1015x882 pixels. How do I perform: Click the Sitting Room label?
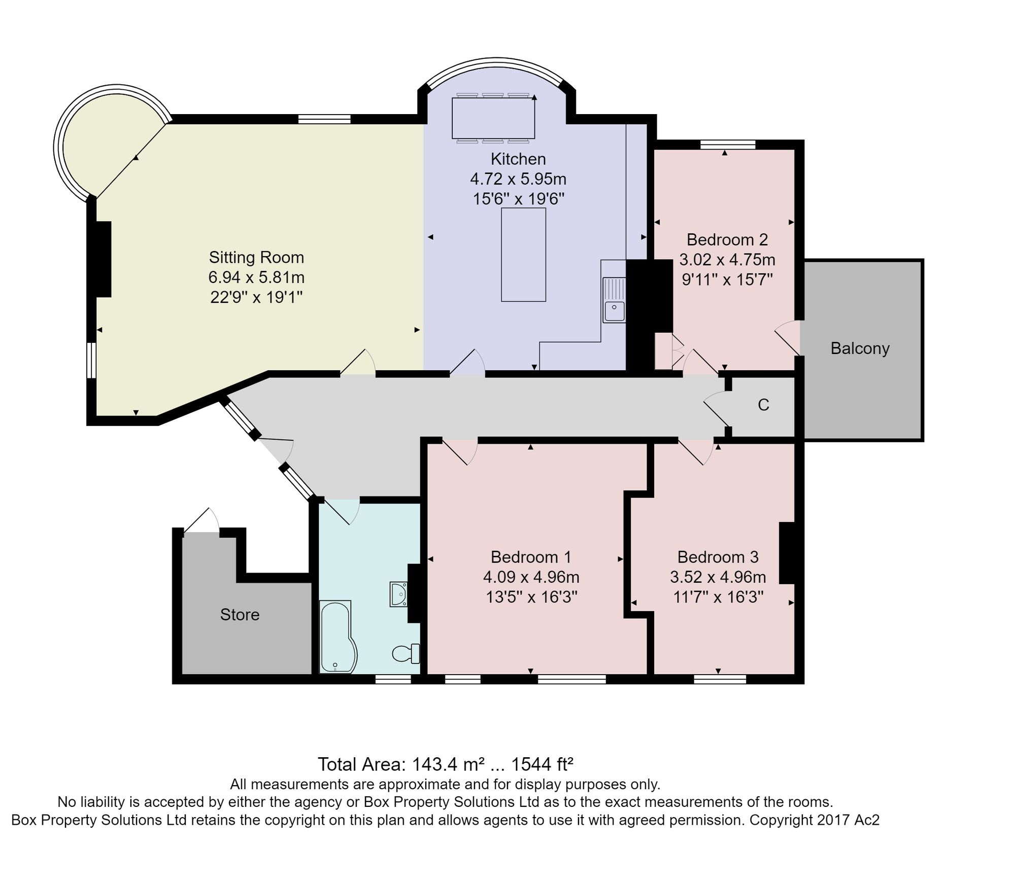(x=256, y=258)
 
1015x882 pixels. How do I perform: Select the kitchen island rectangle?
(x=523, y=255)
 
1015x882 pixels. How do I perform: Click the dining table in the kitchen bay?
(x=493, y=118)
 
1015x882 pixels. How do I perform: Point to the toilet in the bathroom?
(x=406, y=653)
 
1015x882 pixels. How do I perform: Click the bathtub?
(x=337, y=637)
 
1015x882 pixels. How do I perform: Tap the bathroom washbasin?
(x=399, y=594)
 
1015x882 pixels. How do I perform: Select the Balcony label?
(x=860, y=348)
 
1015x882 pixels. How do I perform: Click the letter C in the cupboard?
(x=763, y=405)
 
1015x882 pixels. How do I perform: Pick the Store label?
(x=240, y=615)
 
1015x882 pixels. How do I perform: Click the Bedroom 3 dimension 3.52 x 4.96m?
(x=718, y=577)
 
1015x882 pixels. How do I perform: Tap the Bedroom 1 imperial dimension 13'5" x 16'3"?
(x=531, y=597)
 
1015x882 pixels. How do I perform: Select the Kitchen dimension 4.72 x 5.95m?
(x=518, y=179)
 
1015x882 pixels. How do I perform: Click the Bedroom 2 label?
(x=727, y=239)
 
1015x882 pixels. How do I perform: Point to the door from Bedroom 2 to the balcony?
(x=788, y=338)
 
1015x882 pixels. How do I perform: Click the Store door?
(x=201, y=520)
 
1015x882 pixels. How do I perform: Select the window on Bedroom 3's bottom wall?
(x=720, y=679)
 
